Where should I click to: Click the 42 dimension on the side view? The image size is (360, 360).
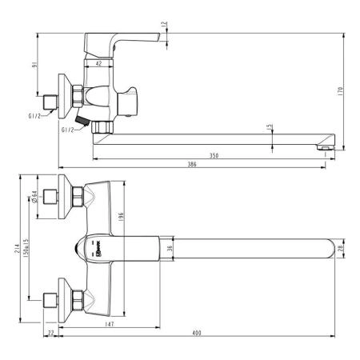[98, 62]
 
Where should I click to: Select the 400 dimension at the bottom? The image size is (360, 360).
[197, 332]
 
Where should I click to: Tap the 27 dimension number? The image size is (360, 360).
[50, 332]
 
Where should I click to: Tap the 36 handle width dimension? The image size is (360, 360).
[169, 250]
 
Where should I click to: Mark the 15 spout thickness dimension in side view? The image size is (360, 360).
[270, 126]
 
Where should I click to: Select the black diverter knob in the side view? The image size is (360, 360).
[81, 121]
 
